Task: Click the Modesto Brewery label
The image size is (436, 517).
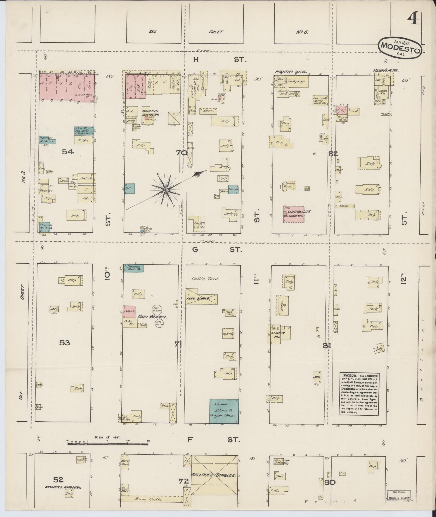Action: point(150,113)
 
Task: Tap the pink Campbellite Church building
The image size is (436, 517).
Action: point(294,214)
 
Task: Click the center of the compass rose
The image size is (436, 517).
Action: point(165,191)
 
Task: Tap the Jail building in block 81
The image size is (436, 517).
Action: point(317,376)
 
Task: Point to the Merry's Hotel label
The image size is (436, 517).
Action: point(386,70)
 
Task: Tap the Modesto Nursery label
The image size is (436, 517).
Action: point(63,488)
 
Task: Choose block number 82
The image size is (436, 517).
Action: point(333,154)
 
